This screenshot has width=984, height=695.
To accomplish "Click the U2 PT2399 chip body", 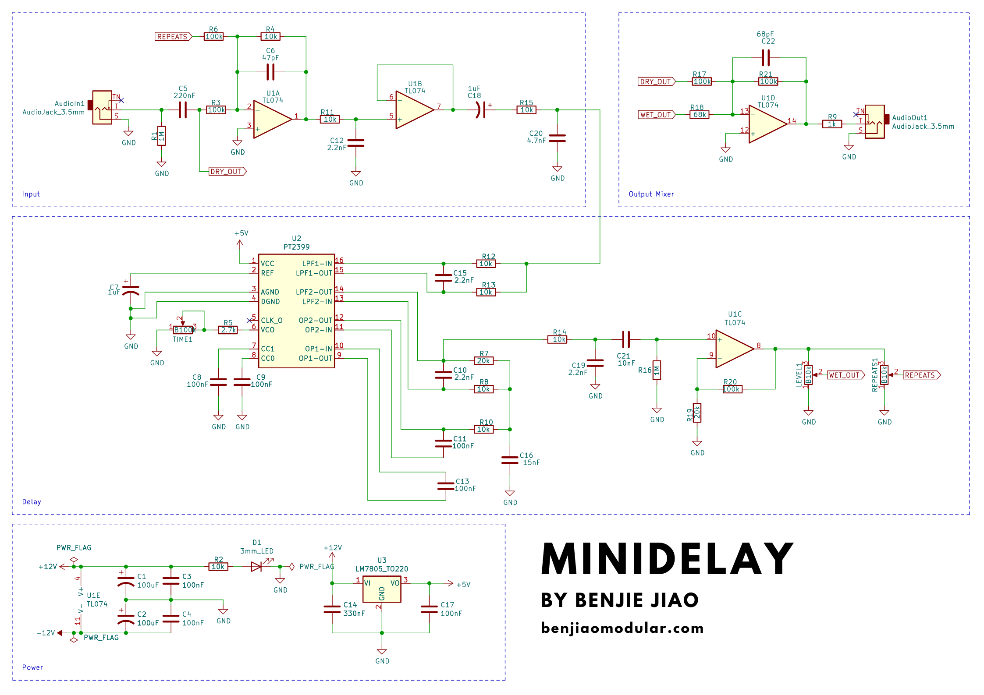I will click(296, 311).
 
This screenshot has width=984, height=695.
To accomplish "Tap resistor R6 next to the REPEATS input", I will click(214, 37).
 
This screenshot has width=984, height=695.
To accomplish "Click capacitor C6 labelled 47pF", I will click(270, 72).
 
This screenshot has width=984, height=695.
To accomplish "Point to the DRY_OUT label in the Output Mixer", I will click(656, 81).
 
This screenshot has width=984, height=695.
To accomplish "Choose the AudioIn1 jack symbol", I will click(102, 108).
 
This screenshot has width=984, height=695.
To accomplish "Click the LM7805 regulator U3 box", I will click(382, 589).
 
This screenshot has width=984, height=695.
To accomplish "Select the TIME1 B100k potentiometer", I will click(183, 330).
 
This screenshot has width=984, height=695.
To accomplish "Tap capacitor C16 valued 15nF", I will click(510, 459).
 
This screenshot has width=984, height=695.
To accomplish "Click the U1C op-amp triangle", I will click(733, 349).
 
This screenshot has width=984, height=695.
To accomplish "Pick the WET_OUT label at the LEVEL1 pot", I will click(845, 375).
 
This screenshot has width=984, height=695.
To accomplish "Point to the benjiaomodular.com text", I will click(622, 628).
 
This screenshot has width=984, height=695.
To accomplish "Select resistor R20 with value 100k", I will click(732, 389).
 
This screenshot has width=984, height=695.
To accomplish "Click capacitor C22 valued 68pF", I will click(766, 58).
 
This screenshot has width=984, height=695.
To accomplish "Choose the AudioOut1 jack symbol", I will click(874, 122).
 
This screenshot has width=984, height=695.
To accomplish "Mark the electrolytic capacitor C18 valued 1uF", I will click(481, 110).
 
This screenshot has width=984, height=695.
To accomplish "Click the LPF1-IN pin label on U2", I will click(316, 264).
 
